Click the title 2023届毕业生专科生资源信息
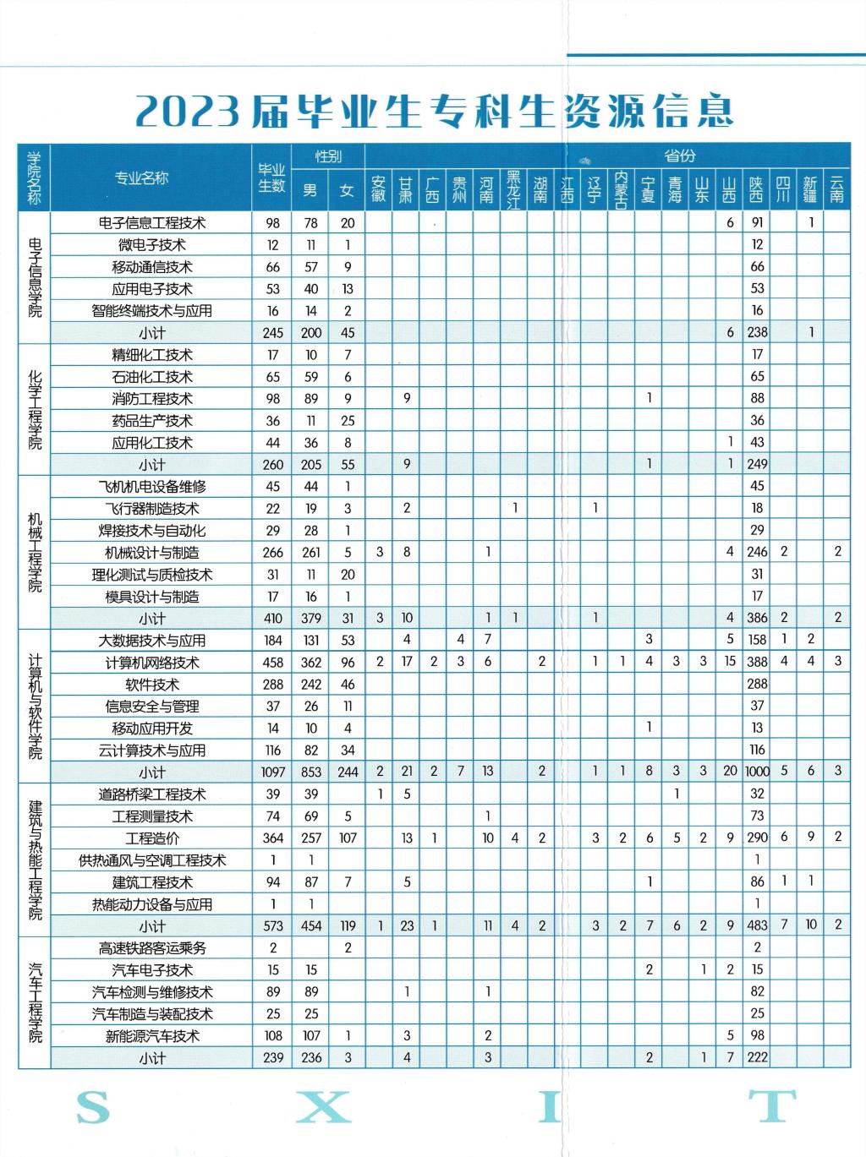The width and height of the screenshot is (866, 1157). coord(433,111)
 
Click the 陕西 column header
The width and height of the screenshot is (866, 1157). coord(756,188)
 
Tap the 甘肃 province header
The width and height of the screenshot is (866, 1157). coord(406,188)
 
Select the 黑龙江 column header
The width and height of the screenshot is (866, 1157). coord(513,188)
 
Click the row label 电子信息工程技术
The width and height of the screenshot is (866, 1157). coord(152,223)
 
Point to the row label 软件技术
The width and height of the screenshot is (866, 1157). coord(152,685)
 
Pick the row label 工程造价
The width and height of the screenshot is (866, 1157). coord(152,838)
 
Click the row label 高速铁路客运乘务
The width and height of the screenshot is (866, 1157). coord(152,948)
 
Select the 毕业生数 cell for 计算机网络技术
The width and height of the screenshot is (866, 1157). coord(272,663)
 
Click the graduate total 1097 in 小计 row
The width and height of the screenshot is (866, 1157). coord(272,772)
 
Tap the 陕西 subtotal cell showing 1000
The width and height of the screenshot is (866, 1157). coord(756,772)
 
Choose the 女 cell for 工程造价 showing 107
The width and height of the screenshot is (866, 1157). coord(347,838)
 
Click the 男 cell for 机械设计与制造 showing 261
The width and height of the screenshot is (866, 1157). coord(311,553)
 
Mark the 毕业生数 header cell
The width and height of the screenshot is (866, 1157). coord(271,177)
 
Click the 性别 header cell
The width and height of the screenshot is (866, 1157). coord(328,156)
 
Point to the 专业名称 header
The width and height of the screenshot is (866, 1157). coord(142,177)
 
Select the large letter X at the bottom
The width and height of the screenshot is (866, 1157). coord(323,1106)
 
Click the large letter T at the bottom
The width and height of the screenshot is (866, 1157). coord(773,1106)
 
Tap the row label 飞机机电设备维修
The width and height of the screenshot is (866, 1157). coord(152,487)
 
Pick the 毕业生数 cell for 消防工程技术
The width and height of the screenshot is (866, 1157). coord(272,399)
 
